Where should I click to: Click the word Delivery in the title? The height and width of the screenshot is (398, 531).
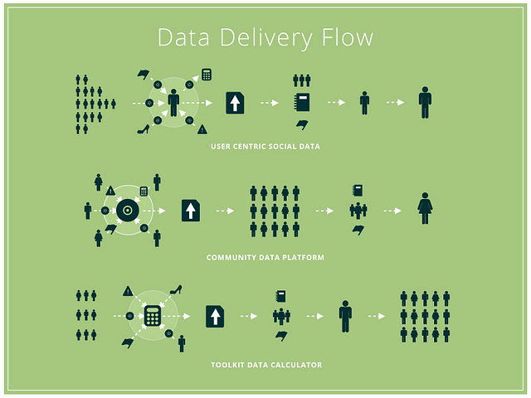[x=259, y=38]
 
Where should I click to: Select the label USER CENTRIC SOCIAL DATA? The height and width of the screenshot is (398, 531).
[x=265, y=146]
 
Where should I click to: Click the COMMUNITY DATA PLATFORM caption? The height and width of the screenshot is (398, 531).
[x=265, y=258]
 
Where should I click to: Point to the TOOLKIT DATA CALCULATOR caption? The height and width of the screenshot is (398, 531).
[x=265, y=365]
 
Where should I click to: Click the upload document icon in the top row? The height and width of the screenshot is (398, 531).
[x=236, y=103]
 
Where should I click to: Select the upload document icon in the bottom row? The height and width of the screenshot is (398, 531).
[x=215, y=316]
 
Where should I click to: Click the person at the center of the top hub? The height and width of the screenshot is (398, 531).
[x=173, y=103]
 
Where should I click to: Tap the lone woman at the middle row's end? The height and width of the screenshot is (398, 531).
[x=426, y=209]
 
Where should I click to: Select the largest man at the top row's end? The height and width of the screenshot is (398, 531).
[x=425, y=102]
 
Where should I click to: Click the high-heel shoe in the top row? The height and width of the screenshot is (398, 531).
[x=142, y=129]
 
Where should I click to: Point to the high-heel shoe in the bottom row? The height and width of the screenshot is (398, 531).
[x=176, y=289]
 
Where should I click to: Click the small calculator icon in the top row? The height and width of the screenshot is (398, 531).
[x=207, y=75]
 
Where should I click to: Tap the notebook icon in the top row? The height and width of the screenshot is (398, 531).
[x=302, y=103]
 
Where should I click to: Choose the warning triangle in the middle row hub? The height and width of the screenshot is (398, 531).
[x=110, y=191]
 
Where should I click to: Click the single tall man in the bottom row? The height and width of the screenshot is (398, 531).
[x=345, y=316]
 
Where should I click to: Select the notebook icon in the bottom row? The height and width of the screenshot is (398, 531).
[x=281, y=296]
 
